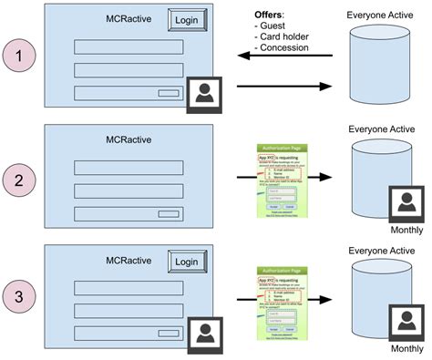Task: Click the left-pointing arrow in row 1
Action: coord(283,56)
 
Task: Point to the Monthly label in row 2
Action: coord(406,231)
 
